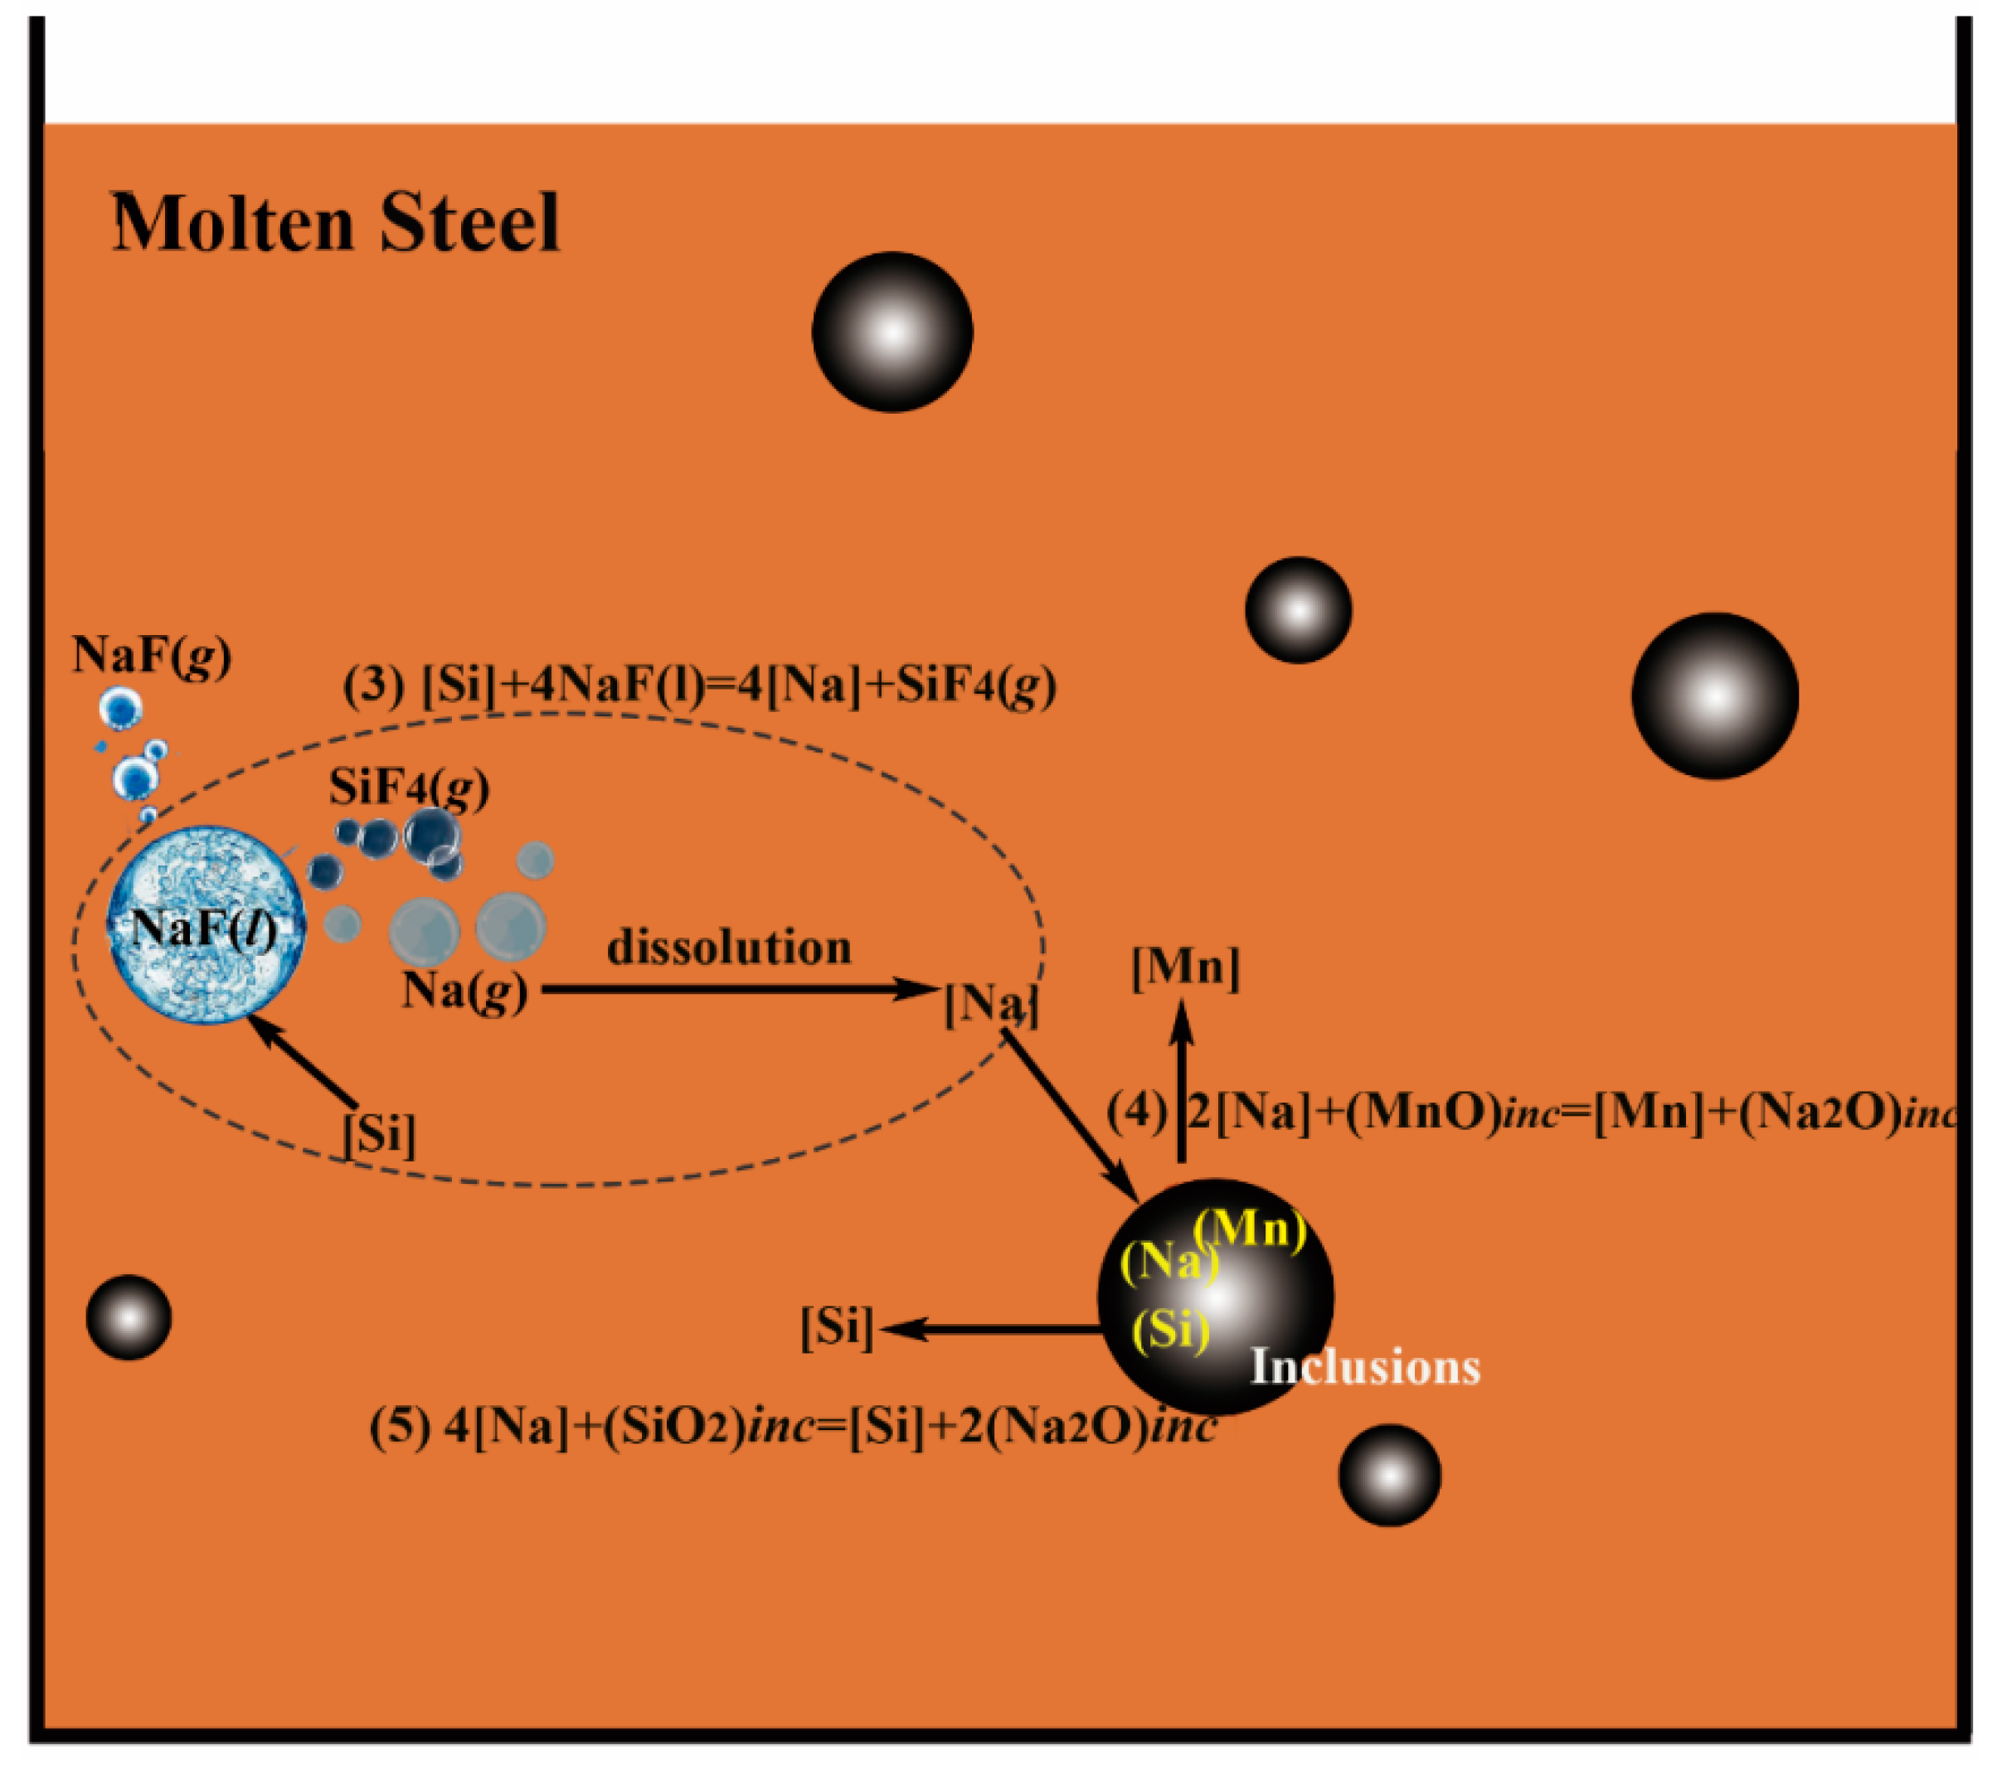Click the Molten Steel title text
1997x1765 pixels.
click(x=335, y=223)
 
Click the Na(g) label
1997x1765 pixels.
click(x=464, y=992)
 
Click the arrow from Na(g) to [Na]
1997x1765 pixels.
click(x=737, y=990)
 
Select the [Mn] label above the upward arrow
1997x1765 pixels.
click(x=1185, y=968)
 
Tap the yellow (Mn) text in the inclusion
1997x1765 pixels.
click(x=1250, y=1229)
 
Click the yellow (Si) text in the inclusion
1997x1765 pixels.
click(x=1170, y=1328)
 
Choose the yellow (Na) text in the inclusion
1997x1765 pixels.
click(x=1168, y=1263)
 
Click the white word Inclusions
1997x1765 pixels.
click(x=1365, y=1366)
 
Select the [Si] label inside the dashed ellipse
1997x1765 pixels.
click(x=379, y=1135)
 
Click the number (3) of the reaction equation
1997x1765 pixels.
click(x=373, y=686)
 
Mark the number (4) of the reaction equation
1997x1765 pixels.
click(x=1135, y=1112)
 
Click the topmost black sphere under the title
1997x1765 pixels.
click(x=892, y=332)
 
